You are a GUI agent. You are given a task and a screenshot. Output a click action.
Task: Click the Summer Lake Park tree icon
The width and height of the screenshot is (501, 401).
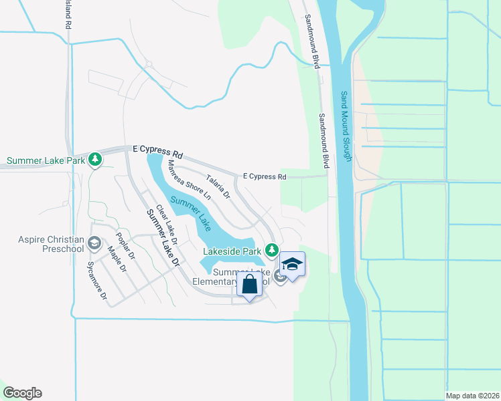tap(96, 159)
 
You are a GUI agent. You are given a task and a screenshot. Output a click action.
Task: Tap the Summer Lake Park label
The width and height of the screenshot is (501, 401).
tap(46, 160)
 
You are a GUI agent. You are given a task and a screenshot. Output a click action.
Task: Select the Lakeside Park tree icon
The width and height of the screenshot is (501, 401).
tap(271, 250)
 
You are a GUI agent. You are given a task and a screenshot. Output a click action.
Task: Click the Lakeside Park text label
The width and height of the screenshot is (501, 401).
tap(233, 251)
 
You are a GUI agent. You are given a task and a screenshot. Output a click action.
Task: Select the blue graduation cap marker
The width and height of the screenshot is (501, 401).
tap(292, 265)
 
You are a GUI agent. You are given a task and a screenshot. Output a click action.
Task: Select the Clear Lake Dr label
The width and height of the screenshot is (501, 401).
tap(165, 223)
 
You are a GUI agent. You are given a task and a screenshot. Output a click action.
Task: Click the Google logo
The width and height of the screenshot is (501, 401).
tap(22, 393)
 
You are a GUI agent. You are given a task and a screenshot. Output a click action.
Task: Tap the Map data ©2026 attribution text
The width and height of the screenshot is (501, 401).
tap(473, 396)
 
